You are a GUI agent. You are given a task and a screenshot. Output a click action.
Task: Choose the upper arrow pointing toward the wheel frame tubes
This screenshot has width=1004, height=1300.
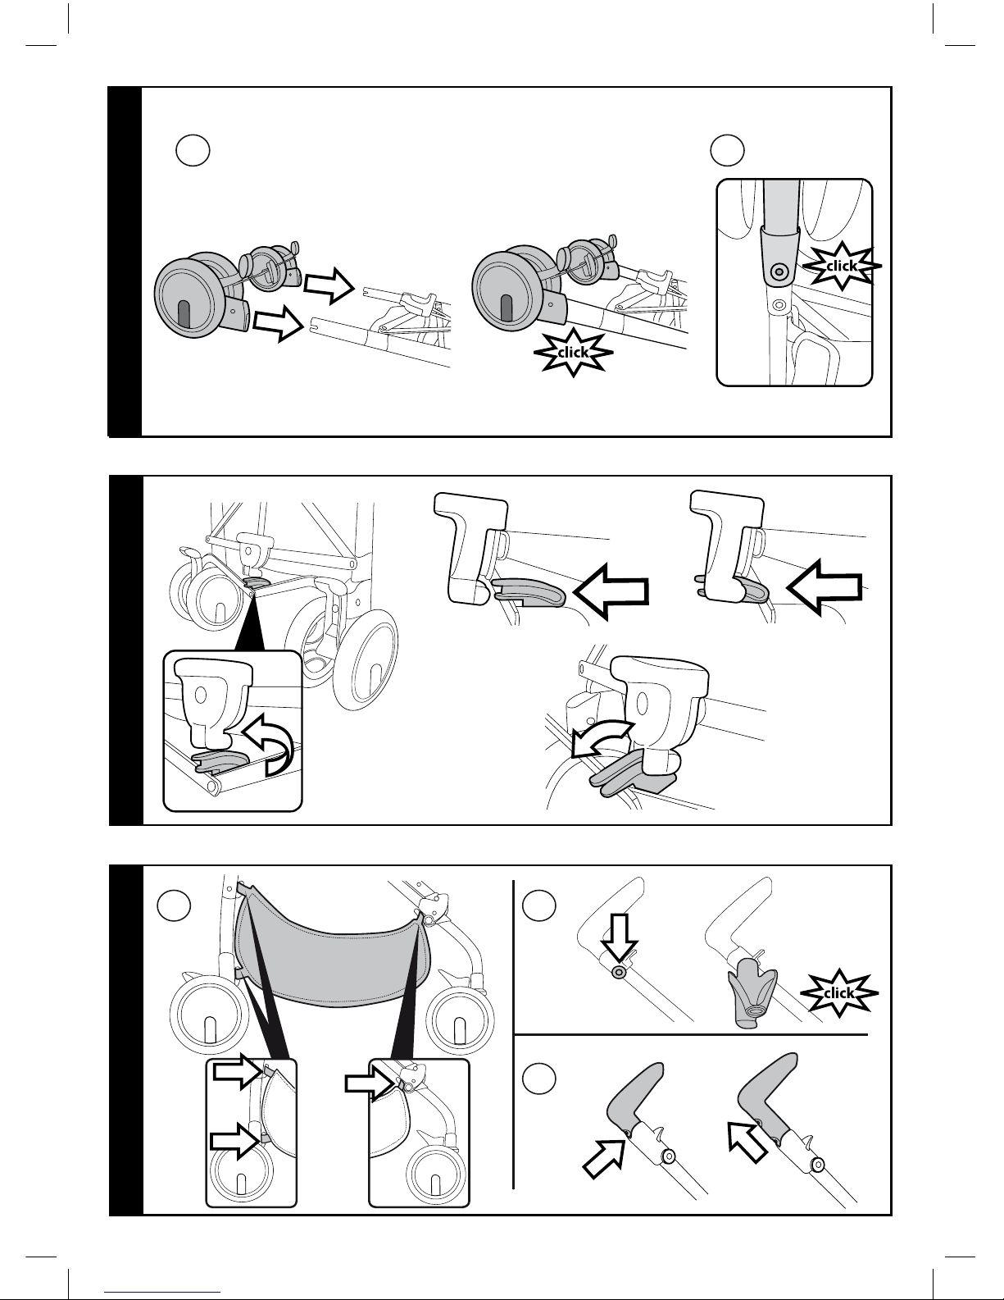click(x=328, y=284)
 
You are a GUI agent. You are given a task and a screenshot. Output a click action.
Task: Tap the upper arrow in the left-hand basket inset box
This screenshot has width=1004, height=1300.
click(x=235, y=1070)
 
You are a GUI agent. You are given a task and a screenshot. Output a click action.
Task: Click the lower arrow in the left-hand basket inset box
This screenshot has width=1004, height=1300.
click(x=235, y=1140)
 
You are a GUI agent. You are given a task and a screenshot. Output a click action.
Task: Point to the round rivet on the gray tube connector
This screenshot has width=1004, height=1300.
click(x=779, y=270)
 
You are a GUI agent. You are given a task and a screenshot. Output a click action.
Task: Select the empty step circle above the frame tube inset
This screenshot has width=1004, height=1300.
click(x=727, y=149)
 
